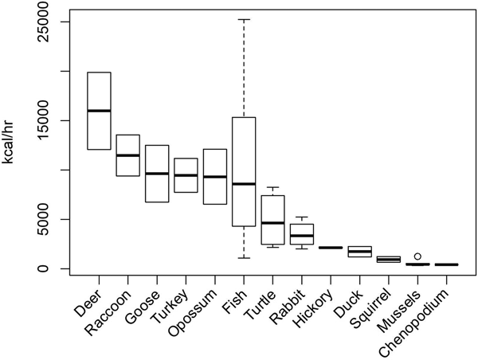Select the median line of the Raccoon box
[127, 155]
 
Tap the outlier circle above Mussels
[417, 256]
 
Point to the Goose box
[157, 174]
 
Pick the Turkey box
[186, 175]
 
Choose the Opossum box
[214, 176]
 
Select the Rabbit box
[301, 234]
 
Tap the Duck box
[359, 252]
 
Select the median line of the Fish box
[244, 184]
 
